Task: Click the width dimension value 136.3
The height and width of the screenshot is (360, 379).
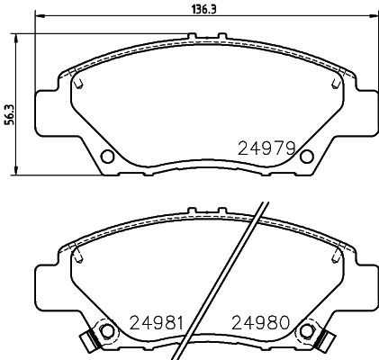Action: coord(190,7)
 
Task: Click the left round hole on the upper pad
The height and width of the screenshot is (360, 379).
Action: coord(108,157)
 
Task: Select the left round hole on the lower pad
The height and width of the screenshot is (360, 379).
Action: coord(108,330)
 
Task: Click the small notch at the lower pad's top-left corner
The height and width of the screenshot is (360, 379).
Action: coord(79,256)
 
